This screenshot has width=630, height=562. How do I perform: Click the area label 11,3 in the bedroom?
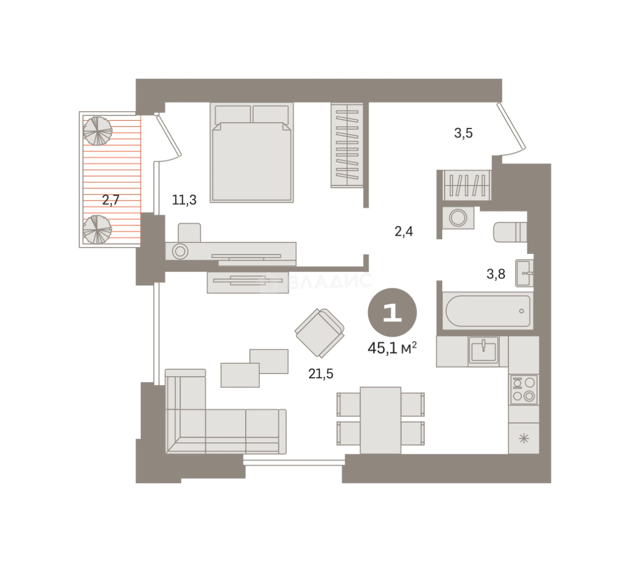pos(184,200)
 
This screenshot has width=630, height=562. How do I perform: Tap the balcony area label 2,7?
pos(111,200)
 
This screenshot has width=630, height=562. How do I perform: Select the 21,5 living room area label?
pos(321,374)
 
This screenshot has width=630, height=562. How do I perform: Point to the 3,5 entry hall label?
pos(463,133)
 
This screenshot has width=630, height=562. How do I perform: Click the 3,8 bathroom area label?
pos(496,274)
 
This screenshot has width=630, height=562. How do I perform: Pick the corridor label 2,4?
pos(404,231)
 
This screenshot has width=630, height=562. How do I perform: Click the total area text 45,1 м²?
pos(392,348)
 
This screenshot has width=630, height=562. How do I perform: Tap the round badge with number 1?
pos(392,312)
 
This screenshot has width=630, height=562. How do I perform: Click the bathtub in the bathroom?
pos(487,311)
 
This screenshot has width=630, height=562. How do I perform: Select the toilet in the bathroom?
pos(510,232)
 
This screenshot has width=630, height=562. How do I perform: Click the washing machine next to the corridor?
pos(458,218)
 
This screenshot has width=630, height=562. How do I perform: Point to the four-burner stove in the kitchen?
pos(524,389)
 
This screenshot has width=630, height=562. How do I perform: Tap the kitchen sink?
pos(483,350)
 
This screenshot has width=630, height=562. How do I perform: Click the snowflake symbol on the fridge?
pos(524,439)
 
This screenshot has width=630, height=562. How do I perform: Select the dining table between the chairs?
pos(380,420)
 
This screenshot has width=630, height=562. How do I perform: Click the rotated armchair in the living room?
pos(320,333)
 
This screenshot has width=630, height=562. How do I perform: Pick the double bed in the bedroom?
pos(251,152)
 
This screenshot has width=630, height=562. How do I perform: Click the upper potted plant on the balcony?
pos(97,131)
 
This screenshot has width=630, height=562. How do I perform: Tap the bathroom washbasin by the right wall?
pos(524,273)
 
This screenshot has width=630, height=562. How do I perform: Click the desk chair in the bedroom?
pos(189,233)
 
